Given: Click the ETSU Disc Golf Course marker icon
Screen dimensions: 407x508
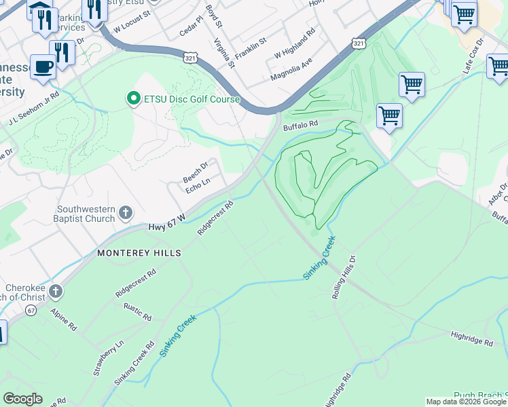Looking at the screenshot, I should [x=133, y=99].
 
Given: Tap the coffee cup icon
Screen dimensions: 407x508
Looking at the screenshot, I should [x=44, y=67].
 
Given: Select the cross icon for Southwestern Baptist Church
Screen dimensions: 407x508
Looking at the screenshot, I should [x=125, y=214].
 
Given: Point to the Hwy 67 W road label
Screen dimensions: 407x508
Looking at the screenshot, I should [x=167, y=230].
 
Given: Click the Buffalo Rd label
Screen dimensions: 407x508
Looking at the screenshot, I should [x=300, y=125].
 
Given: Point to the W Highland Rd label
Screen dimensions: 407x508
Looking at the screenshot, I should [x=295, y=43].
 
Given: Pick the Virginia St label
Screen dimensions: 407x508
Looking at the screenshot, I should [x=223, y=53].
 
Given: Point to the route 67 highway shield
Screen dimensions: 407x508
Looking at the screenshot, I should [x=31, y=310].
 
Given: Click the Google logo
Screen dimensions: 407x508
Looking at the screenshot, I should [x=22, y=399].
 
